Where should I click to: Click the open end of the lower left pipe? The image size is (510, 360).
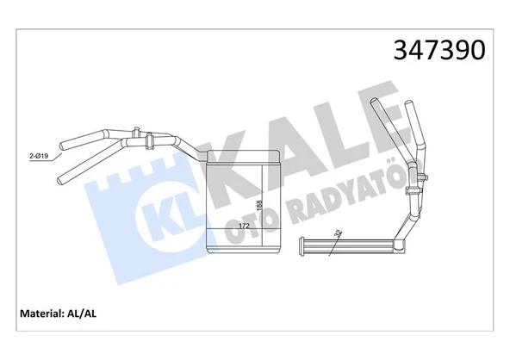pyautogui.click(x=62, y=180)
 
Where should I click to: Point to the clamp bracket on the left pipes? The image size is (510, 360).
pyautogui.click(x=147, y=138)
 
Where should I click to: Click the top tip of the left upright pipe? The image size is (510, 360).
pyautogui.click(x=374, y=103)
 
